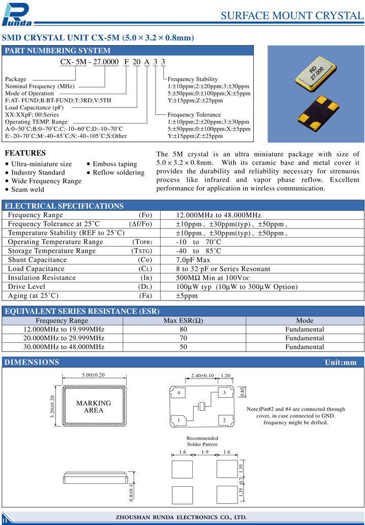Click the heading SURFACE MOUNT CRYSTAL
point(292,15)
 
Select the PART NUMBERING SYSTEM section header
point(57,50)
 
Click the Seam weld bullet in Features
point(27,189)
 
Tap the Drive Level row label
point(26,287)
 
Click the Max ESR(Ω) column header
point(183,320)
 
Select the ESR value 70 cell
point(183,338)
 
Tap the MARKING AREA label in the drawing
point(94,406)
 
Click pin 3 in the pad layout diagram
point(224,393)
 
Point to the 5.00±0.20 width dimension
point(93,375)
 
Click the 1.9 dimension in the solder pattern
point(205,452)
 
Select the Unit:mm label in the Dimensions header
point(341,362)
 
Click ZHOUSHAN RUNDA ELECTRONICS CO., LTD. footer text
point(182,517)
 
